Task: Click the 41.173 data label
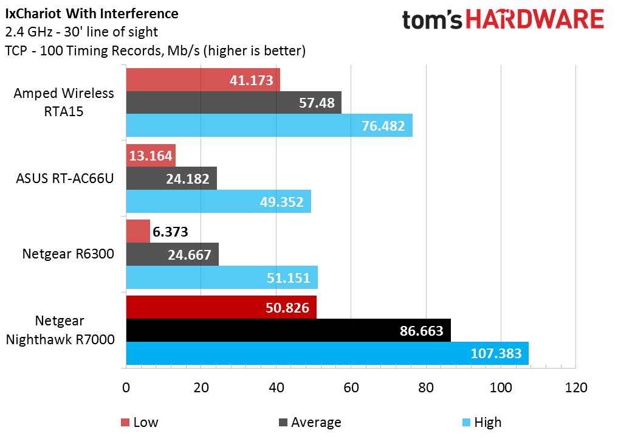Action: point(252,80)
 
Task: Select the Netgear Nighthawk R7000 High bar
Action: point(327,353)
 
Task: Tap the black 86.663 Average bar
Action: point(289,331)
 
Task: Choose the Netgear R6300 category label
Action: point(68,254)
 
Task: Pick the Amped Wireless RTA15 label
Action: point(64,102)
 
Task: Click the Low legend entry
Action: point(139,422)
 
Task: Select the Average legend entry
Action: point(310,422)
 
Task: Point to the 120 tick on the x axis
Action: point(575,387)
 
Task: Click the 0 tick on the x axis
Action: point(126,387)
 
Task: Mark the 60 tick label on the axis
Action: point(351,387)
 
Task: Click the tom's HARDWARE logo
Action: point(503,20)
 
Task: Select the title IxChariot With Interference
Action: point(92,13)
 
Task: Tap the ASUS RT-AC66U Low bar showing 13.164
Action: point(150,156)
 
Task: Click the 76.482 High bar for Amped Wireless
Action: point(269,125)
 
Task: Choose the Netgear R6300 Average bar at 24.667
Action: point(172,255)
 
